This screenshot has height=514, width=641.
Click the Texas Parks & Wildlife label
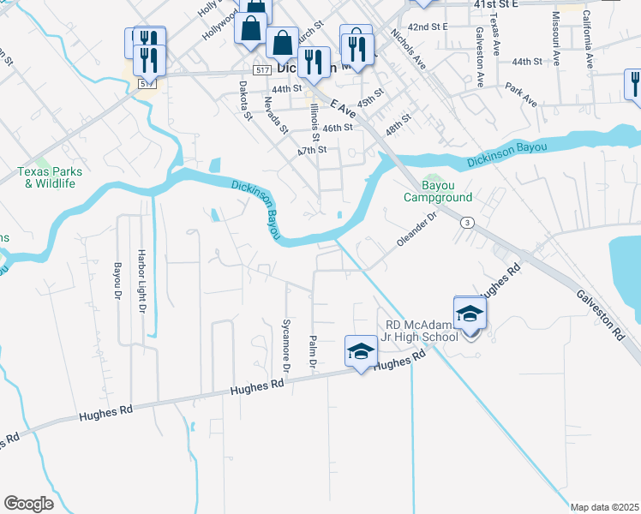44,177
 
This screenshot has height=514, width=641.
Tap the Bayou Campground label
438,191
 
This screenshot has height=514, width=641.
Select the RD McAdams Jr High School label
422,331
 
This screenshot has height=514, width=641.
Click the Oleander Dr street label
417,230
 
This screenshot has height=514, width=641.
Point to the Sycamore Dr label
287,344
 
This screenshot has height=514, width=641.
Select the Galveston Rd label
600,315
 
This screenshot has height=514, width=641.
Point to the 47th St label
312,150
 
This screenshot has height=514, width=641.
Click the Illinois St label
315,122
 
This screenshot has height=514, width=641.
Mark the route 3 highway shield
467,223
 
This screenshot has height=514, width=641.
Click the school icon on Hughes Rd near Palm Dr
361,351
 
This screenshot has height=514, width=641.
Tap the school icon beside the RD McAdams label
470,314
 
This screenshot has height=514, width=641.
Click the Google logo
28,503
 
